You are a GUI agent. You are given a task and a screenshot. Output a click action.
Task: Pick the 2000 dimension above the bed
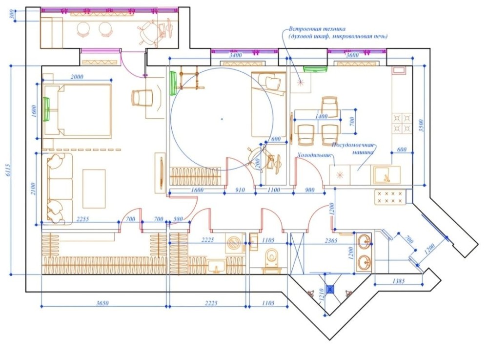[x=77, y=77]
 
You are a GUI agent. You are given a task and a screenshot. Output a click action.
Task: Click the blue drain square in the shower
[x=330, y=289]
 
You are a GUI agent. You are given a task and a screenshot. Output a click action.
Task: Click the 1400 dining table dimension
[x=321, y=116]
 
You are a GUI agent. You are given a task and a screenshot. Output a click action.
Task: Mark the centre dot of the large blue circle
[x=221, y=118]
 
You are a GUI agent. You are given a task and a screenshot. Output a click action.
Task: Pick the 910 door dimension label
[x=240, y=190]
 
